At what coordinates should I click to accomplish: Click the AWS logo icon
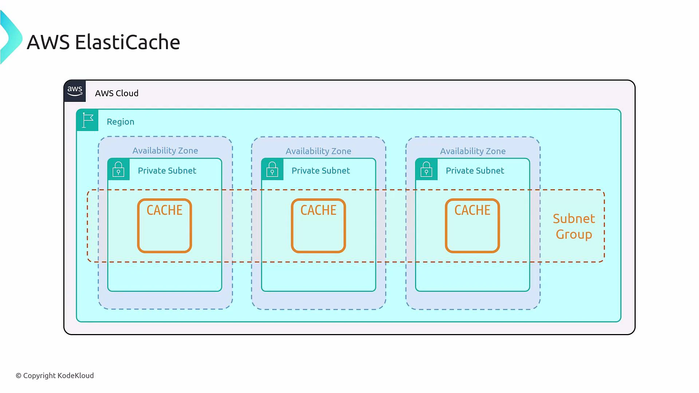click(75, 91)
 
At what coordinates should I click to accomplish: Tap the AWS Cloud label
click(116, 93)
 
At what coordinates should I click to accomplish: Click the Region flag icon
click(88, 120)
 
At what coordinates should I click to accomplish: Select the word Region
click(121, 122)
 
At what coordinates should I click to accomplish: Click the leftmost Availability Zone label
click(165, 151)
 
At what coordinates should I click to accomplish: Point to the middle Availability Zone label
click(318, 151)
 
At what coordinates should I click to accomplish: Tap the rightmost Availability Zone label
click(473, 151)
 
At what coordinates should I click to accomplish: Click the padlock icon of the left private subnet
click(118, 169)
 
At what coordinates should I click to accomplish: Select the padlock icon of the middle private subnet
click(272, 169)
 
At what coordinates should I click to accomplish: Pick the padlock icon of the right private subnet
click(426, 169)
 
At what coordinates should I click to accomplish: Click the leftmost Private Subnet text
click(167, 171)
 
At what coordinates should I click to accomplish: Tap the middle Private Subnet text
click(320, 171)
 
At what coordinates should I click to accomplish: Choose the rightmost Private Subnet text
click(475, 171)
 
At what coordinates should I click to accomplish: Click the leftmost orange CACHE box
click(165, 226)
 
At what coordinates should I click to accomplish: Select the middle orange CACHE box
click(318, 226)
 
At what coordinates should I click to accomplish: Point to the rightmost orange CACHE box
click(472, 226)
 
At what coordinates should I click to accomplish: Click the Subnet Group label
click(574, 226)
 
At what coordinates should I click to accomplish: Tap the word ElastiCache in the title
click(127, 42)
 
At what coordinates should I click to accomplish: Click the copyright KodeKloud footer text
click(55, 376)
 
